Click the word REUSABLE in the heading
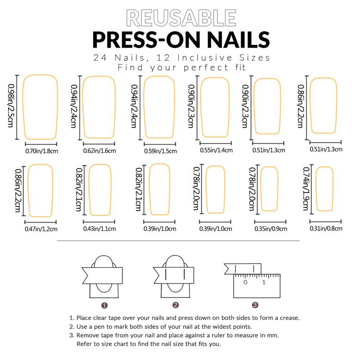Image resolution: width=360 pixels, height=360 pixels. [181, 18]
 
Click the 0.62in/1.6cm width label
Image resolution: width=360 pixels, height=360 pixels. [99, 151]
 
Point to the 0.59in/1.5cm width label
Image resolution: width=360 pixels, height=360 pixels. [160, 151]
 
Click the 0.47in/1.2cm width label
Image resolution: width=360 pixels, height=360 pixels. [41, 229]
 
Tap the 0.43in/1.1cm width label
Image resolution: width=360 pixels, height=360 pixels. [99, 229]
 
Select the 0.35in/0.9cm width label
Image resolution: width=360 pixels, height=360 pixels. [270, 229]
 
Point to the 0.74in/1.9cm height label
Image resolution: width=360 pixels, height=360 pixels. [306, 189]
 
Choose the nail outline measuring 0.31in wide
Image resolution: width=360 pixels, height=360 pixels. [324, 189]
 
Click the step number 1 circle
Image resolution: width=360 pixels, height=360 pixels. [104, 305]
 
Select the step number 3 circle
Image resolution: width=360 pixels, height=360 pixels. [255, 305]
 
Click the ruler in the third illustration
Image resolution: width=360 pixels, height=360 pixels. [256, 285]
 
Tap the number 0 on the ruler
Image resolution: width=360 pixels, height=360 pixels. [245, 283]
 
